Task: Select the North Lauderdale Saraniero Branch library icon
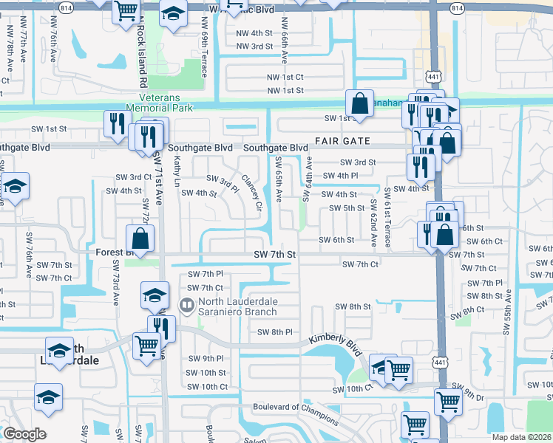(x=188, y=304)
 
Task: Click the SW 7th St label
(x=274, y=255)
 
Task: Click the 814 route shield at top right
(x=457, y=7)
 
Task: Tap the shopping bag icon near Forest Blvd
(x=140, y=238)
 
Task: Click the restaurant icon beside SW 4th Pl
(x=418, y=167)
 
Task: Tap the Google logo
(x=24, y=434)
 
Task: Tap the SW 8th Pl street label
(x=275, y=332)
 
